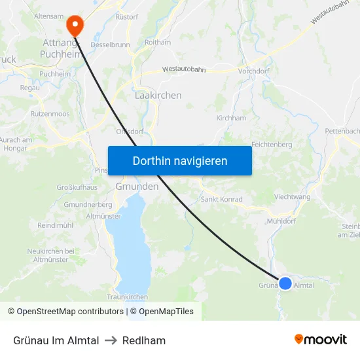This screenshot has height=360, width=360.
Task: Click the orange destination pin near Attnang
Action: (75, 25)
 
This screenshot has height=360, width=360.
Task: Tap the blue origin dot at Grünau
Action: (285, 283)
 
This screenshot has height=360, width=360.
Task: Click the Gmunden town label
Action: (137, 187)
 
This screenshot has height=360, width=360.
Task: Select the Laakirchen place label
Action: (158, 96)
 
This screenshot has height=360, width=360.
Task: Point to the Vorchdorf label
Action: (255, 71)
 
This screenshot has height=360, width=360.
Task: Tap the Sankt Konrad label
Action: (221, 200)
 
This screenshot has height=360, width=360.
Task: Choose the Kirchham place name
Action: (231, 118)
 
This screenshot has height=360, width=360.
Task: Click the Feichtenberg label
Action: (271, 144)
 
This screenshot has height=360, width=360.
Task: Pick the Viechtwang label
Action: (292, 196)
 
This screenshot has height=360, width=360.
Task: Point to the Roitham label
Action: (157, 42)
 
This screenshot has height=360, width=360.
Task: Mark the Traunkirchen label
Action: (127, 297)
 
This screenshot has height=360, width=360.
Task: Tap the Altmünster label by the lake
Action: (103, 215)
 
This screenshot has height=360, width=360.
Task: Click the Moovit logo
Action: (320, 340)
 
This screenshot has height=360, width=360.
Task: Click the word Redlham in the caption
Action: (144, 340)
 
